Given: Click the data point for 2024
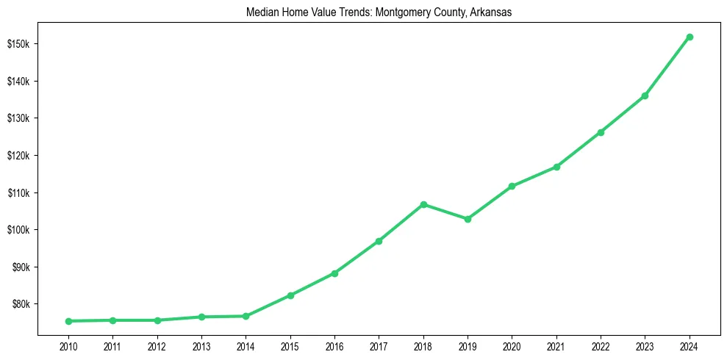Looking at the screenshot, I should [690, 37].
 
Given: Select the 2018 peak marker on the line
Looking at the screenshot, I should [423, 204].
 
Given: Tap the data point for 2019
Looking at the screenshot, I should [468, 219].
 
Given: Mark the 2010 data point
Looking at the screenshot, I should [68, 321].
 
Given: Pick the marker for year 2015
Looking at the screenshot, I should [290, 295].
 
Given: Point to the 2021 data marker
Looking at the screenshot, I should [556, 167].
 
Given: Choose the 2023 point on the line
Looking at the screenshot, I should [645, 96].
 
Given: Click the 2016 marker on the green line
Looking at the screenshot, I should [334, 273].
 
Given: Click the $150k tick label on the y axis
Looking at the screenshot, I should [18, 44].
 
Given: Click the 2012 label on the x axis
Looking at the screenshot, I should [157, 346].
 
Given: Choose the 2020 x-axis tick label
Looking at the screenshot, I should [512, 346].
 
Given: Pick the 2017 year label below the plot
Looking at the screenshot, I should [379, 346].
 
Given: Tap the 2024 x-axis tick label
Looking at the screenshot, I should [690, 346].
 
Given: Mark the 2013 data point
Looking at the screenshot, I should [201, 317].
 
